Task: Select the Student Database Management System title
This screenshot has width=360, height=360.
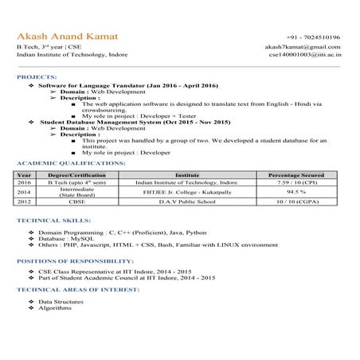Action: [x=135, y=121]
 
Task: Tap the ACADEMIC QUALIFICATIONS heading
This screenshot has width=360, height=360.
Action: [x=71, y=162]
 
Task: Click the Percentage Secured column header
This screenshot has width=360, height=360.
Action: [x=296, y=174]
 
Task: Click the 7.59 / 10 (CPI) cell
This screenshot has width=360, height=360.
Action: [x=296, y=182]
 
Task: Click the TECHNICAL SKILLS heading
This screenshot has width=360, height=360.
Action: [x=53, y=220]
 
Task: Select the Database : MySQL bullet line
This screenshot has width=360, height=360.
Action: [x=67, y=237]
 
